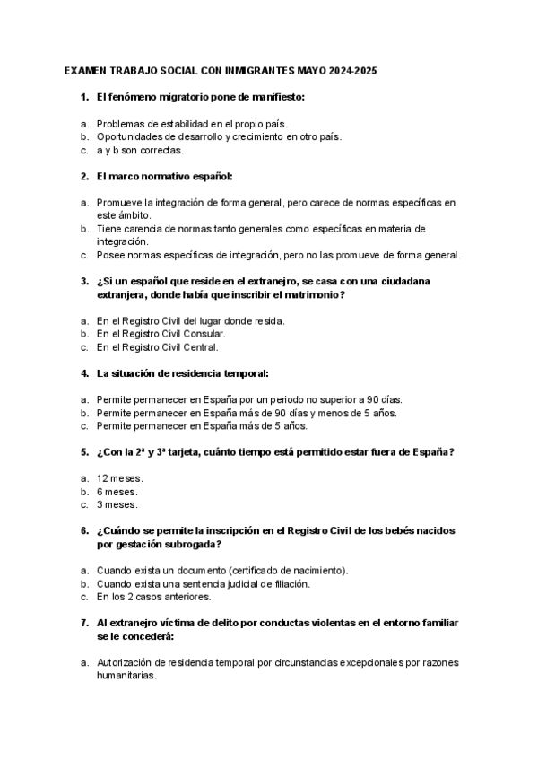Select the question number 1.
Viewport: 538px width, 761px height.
click(x=84, y=96)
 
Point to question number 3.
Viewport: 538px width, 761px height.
click(x=84, y=281)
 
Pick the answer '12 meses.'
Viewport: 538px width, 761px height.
click(x=120, y=478)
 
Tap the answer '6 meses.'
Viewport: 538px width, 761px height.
click(x=117, y=492)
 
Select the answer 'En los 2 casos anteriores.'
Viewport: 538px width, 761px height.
click(x=153, y=597)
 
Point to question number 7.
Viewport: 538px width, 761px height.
click(x=84, y=622)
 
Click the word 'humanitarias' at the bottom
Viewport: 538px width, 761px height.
click(x=126, y=677)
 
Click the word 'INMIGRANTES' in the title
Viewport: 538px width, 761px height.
click(x=269, y=69)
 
